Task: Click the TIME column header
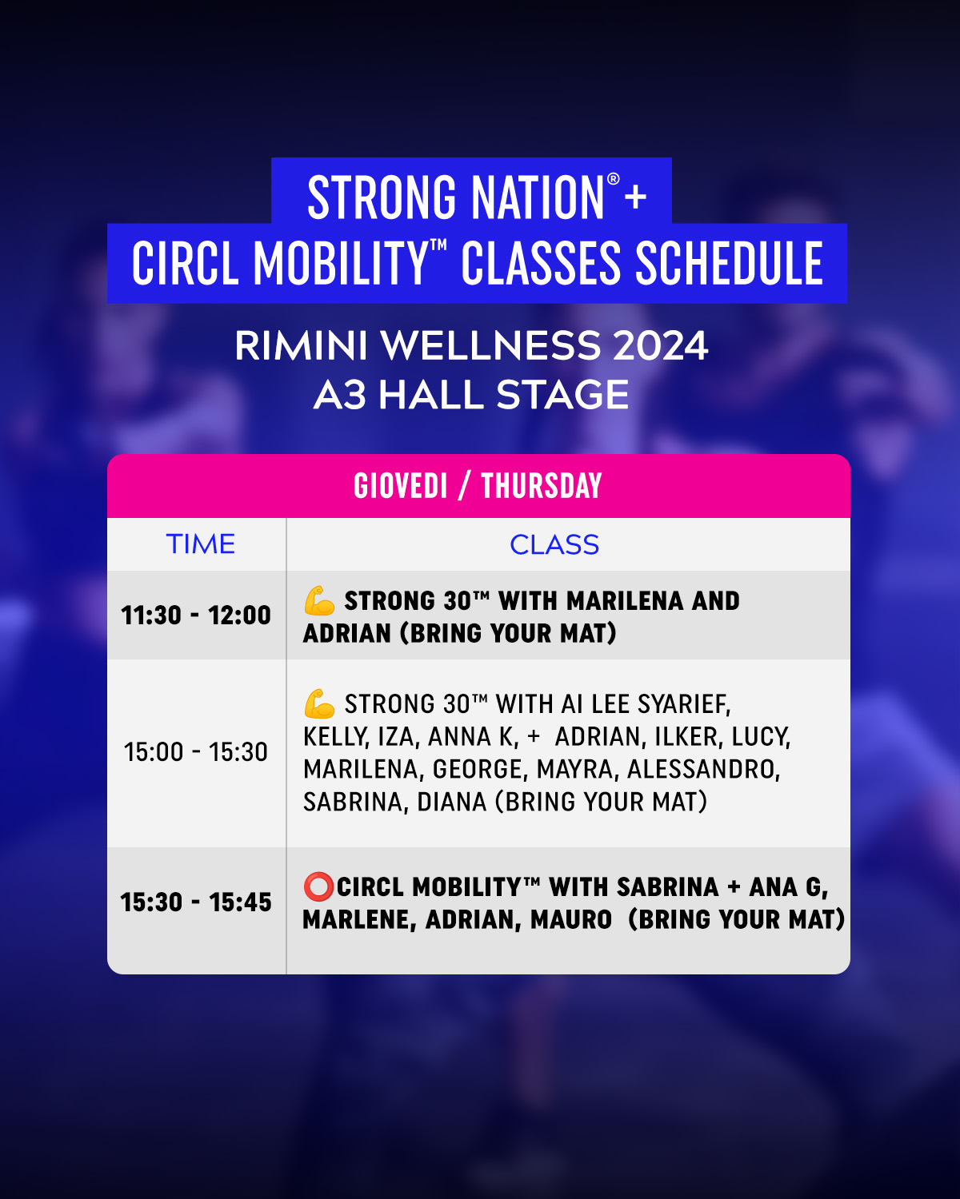[200, 544]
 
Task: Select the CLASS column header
[554, 544]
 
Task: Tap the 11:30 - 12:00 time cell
[196, 615]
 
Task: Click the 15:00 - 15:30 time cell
[196, 751]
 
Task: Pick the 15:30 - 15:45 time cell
[196, 902]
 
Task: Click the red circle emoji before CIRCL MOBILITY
[318, 887]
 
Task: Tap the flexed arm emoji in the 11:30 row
[319, 600]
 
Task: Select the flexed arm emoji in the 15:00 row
[319, 703]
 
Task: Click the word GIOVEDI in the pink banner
[401, 486]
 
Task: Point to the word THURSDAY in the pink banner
[542, 486]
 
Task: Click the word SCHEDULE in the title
[730, 263]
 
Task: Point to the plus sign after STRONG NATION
[636, 197]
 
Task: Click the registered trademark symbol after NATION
[613, 179]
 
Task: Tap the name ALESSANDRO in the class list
[704, 770]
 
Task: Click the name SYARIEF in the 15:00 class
[684, 704]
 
